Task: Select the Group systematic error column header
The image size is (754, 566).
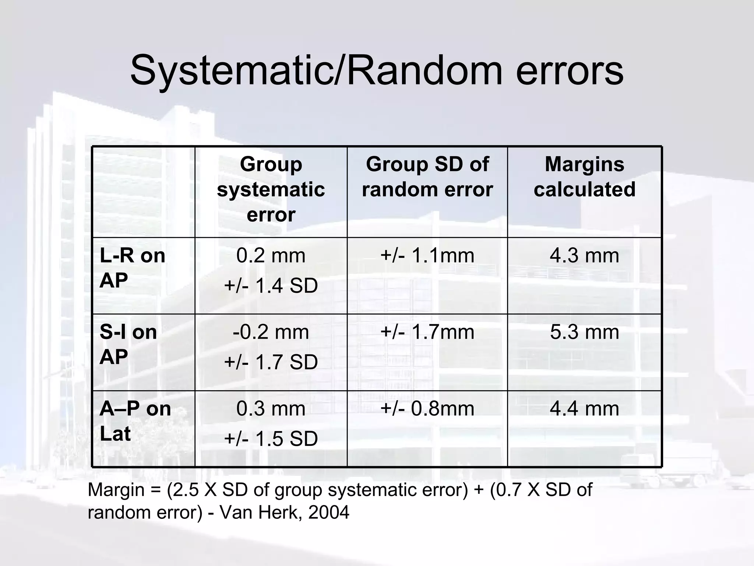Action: pyautogui.click(x=271, y=189)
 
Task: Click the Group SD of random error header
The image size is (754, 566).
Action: pyautogui.click(x=427, y=177)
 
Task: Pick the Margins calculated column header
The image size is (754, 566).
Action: pyautogui.click(x=584, y=177)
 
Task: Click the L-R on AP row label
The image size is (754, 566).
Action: pyautogui.click(x=132, y=268)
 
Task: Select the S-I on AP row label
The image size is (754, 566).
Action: pyautogui.click(x=128, y=345)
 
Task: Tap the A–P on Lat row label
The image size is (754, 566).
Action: pyautogui.click(x=135, y=421)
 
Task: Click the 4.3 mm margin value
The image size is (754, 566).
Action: pyautogui.click(x=584, y=255)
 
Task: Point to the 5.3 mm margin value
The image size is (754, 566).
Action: pyautogui.click(x=584, y=332)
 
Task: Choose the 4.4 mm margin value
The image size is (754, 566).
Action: pyautogui.click(x=584, y=409)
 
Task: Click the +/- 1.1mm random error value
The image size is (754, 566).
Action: pyautogui.click(x=427, y=255)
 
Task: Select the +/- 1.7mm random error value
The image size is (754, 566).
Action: pyautogui.click(x=427, y=332)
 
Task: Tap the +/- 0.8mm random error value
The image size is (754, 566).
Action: pyautogui.click(x=427, y=409)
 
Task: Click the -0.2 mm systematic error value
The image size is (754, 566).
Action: pyautogui.click(x=271, y=332)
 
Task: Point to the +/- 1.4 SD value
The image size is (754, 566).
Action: pyautogui.click(x=271, y=286)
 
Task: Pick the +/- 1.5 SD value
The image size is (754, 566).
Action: pyautogui.click(x=271, y=439)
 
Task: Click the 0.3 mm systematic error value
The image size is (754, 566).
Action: pyautogui.click(x=271, y=409)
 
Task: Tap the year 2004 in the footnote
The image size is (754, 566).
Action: pyautogui.click(x=328, y=512)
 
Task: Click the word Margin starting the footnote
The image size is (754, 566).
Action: pyautogui.click(x=116, y=490)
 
